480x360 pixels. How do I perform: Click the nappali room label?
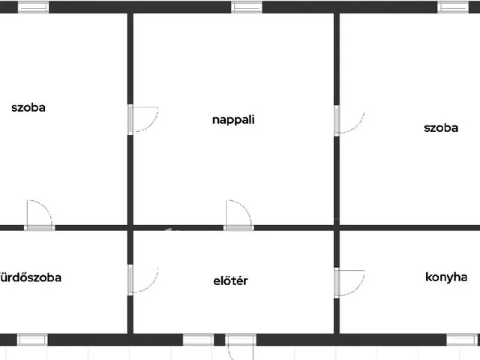233,120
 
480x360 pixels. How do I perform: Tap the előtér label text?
230,280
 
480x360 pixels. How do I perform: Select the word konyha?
446,277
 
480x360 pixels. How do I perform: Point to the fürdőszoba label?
30,277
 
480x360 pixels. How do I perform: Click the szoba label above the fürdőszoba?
28,107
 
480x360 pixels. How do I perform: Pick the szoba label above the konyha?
441,128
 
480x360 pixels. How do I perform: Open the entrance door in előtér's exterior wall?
241,340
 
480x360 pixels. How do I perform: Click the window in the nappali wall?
247,7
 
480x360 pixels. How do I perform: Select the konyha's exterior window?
462,340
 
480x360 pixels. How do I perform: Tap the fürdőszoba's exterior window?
32,340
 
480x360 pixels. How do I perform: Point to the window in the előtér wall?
198,340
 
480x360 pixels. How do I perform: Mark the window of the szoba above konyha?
453,7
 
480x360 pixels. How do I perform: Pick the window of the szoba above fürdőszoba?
33,7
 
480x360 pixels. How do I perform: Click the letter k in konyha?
428,277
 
